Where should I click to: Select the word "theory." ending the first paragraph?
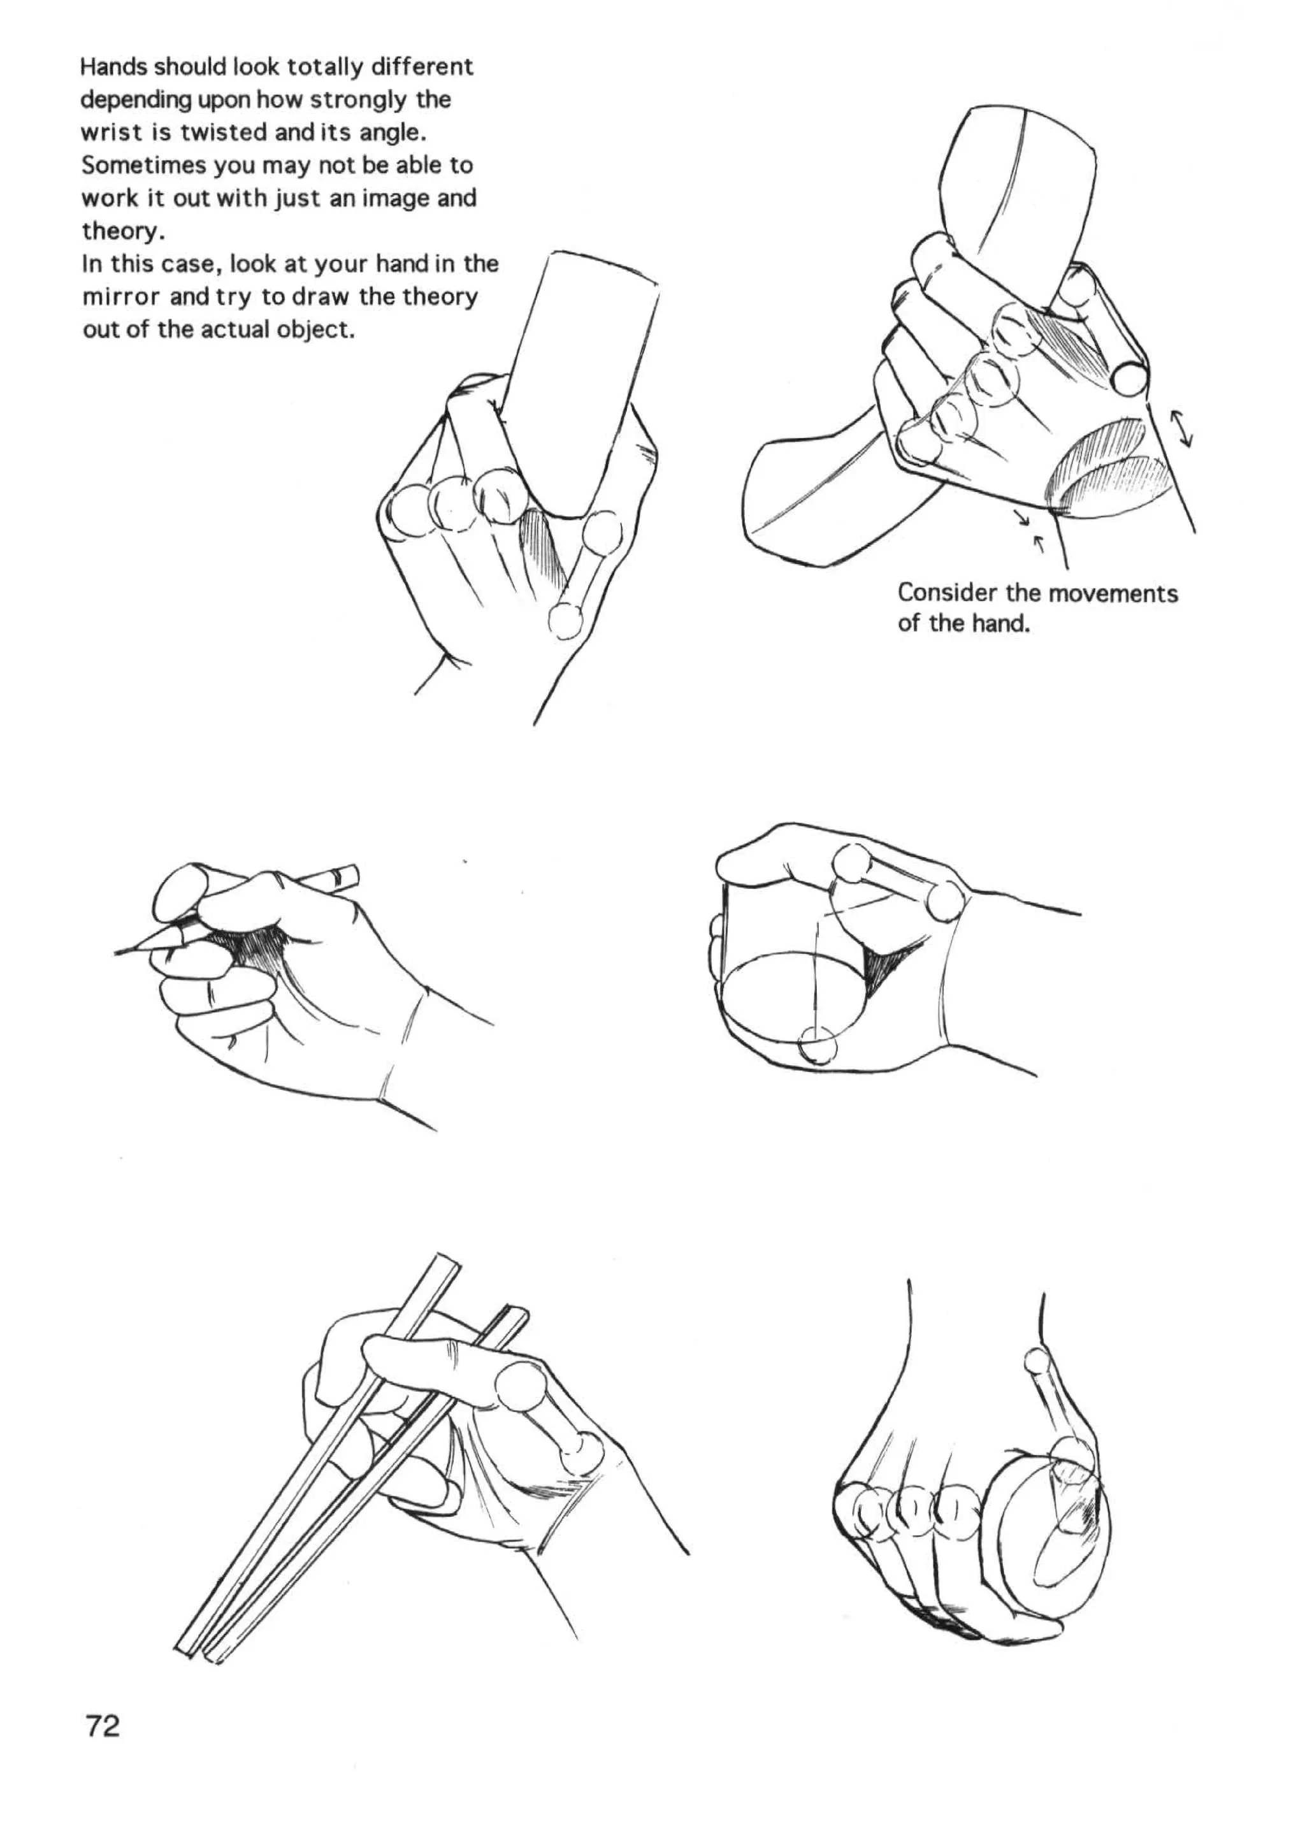123,231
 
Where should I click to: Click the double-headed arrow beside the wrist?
1182,428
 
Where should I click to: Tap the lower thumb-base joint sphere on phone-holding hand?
567,620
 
